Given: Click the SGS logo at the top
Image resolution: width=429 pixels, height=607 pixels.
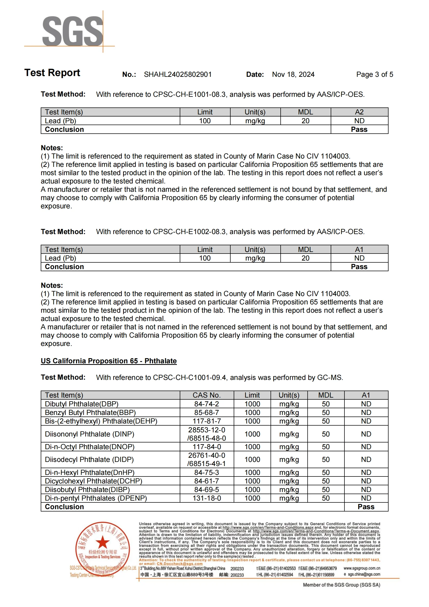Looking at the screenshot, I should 73,31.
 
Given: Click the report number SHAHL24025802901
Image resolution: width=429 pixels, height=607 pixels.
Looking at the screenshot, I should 178,74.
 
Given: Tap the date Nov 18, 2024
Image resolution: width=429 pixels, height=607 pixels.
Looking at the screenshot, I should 293,74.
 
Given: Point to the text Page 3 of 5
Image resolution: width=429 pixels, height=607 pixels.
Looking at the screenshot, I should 374,74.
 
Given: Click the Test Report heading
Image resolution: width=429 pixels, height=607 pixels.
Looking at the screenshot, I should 52,73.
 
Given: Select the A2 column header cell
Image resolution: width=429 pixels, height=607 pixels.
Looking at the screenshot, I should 359,112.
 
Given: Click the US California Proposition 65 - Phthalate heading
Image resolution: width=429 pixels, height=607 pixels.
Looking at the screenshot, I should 109,361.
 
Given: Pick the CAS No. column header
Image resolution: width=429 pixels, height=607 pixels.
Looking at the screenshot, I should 206,395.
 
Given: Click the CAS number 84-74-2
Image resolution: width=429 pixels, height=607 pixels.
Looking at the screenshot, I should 206,404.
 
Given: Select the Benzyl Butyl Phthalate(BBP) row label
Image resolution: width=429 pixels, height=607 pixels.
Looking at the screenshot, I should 90,413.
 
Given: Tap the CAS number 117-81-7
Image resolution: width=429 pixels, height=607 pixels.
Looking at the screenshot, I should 206,421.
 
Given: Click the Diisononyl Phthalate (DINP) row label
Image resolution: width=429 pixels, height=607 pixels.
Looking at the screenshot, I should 89,434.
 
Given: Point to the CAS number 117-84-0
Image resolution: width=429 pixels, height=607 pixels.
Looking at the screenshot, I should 206,447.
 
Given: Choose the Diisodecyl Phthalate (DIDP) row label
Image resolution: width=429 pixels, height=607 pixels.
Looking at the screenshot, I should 89,460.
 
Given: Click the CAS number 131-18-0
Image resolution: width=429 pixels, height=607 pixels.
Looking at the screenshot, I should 206,498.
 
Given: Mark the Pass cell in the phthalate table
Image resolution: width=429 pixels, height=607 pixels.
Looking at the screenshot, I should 366,507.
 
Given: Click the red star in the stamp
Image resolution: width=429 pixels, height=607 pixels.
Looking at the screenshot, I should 102,542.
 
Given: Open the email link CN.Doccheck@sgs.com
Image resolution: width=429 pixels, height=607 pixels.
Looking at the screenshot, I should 180,564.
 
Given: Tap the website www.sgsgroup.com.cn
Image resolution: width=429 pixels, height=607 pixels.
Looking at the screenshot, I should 362,568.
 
